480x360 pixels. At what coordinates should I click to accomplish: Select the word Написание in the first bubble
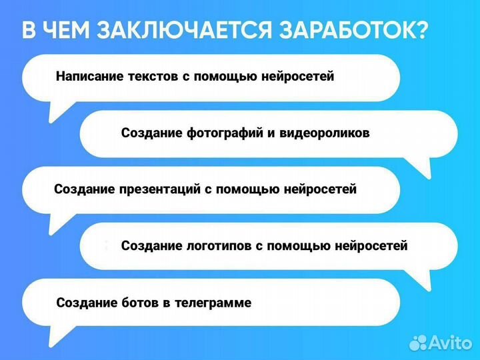coord(90,77)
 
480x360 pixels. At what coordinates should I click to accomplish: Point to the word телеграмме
coord(213,303)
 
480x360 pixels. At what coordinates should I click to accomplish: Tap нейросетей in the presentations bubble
coord(321,189)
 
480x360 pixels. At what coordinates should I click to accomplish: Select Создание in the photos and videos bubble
coord(151,133)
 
